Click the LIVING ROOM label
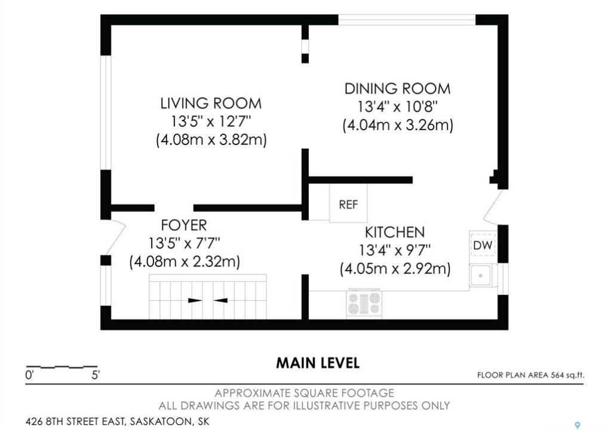point(211,103)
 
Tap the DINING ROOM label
point(397,89)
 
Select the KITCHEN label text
point(395,232)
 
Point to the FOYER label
point(184,225)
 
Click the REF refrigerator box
point(348,203)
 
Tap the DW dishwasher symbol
point(483,245)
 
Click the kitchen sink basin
point(481,276)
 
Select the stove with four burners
point(364,303)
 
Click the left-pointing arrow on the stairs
point(220,300)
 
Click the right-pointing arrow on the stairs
point(195,300)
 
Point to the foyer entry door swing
point(115,237)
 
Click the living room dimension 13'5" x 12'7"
point(211,122)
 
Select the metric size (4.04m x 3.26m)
point(398,125)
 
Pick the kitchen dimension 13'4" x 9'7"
point(395,250)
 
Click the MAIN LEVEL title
point(318,363)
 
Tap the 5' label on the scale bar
point(96,375)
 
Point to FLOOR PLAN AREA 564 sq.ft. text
point(530,375)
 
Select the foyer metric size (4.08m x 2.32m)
point(185,262)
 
